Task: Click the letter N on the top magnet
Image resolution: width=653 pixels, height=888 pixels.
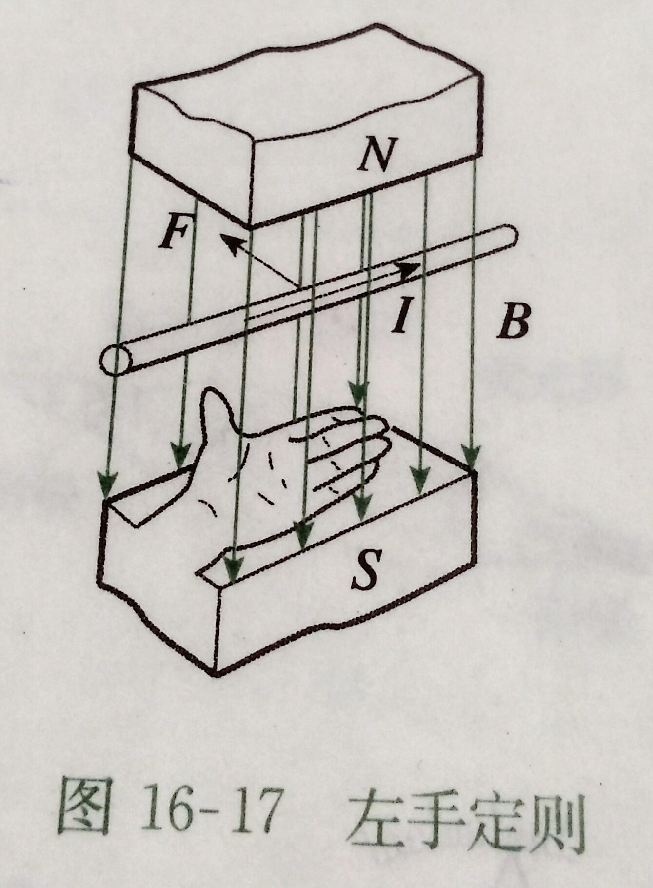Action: (376, 154)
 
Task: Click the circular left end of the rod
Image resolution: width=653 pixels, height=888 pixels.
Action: (115, 360)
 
